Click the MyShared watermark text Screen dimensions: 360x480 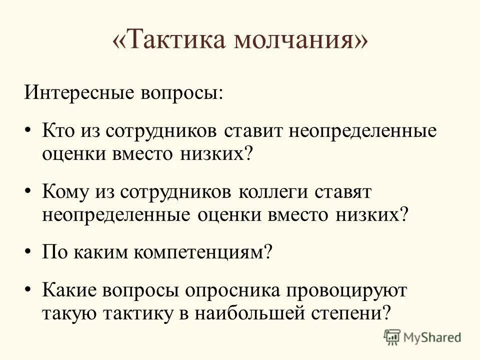(433, 337)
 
